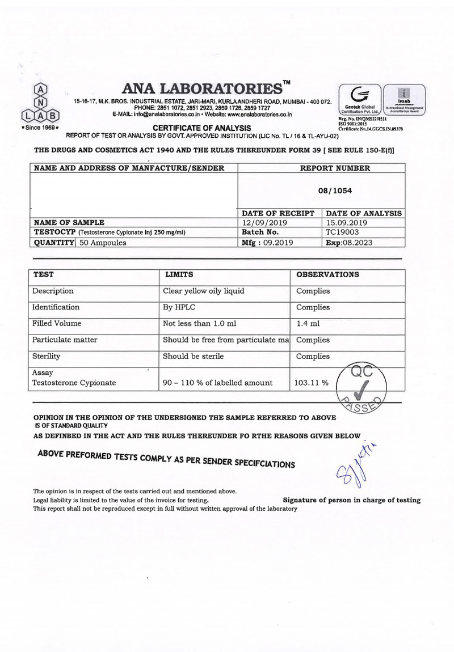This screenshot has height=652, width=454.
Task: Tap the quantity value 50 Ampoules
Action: (x=103, y=242)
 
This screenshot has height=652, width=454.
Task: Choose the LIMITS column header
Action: (x=179, y=275)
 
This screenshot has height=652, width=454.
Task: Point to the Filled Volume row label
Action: (x=57, y=324)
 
